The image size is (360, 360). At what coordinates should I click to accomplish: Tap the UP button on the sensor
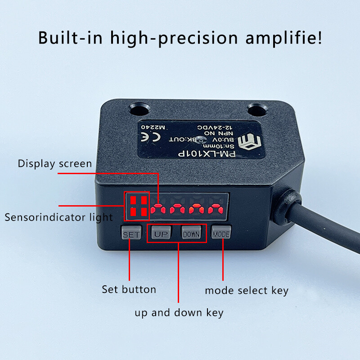(160, 234)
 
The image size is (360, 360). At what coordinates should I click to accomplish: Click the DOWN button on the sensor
(191, 234)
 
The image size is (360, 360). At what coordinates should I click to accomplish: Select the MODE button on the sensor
(221, 234)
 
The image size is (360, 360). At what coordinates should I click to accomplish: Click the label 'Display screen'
(54, 163)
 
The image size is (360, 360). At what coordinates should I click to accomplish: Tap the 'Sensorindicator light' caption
(58, 217)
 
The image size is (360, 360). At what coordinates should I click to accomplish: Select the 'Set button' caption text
(129, 289)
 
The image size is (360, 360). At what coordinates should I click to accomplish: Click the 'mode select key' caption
(247, 290)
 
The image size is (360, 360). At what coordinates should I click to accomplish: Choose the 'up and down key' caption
(179, 312)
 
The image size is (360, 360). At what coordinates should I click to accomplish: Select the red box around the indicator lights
(136, 206)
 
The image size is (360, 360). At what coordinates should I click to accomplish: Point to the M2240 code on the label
(153, 127)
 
